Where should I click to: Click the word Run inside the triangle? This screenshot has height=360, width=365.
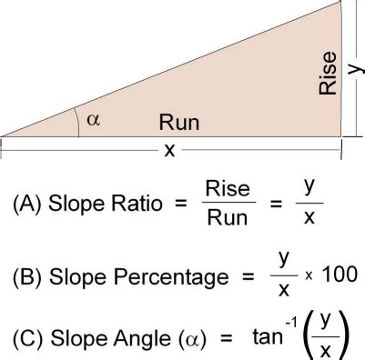coord(178,122)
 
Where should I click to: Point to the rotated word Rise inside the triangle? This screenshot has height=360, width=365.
coord(329,72)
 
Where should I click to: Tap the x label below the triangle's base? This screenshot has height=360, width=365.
coord(169,151)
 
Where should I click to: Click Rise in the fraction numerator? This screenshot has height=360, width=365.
coord(228,189)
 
